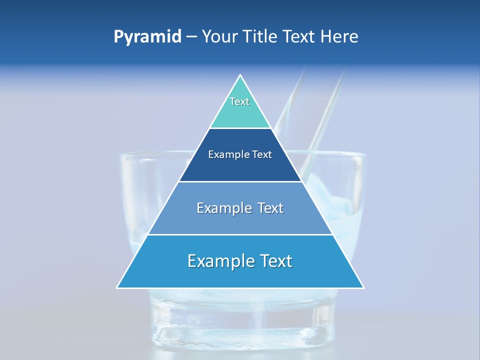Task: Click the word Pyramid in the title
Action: click(147, 37)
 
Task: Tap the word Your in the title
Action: click(220, 37)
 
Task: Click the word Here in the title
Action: click(339, 37)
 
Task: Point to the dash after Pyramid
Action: click(191, 37)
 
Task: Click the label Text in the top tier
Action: click(239, 101)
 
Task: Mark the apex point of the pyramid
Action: click(240, 75)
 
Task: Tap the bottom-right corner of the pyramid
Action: click(363, 287)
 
